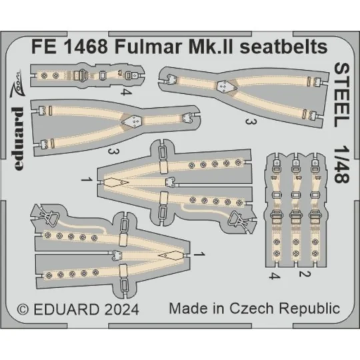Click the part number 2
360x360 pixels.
(301, 274)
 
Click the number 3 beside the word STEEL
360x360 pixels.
(247, 121)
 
